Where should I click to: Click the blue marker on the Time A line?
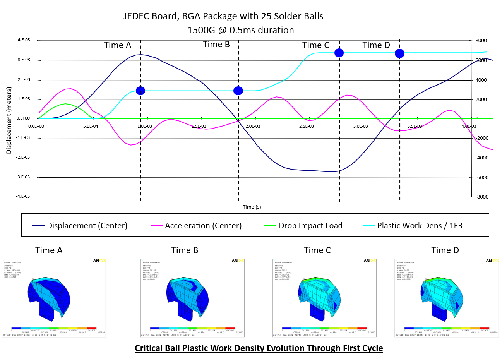tap(140, 91)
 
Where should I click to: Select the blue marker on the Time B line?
tap(238, 91)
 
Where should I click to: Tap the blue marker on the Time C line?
tap(339, 53)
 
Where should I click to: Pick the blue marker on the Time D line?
tap(399, 53)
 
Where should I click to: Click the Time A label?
tap(118, 45)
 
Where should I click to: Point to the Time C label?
tap(316, 45)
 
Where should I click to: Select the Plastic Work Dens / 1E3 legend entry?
tap(420, 226)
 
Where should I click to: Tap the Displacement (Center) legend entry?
tap(87, 226)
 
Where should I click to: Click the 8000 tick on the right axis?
tap(481, 41)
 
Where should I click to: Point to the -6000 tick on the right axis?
tap(481, 177)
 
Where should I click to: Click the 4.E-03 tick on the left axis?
tap(24, 40)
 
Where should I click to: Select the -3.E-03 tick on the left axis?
tap(23, 177)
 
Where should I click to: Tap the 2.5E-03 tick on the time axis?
tap(307, 126)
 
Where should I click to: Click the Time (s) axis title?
tap(252, 207)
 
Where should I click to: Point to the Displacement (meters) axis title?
tap(9, 120)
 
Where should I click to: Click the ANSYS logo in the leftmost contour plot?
tap(99, 261)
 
